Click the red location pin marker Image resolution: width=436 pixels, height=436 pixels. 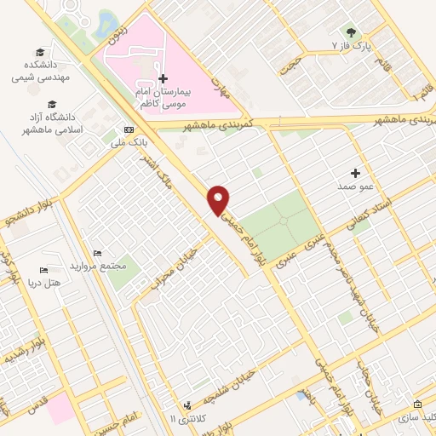(220, 198)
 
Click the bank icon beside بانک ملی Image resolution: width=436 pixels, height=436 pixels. (129, 129)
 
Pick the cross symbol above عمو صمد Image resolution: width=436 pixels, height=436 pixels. (356, 173)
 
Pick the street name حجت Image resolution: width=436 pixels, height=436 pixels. (290, 66)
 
